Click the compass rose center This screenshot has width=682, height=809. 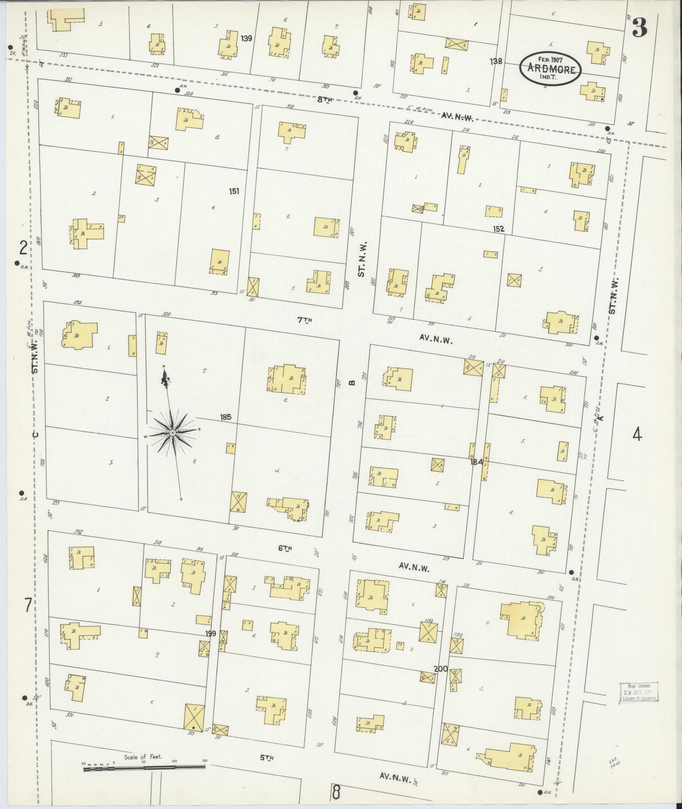[173, 433]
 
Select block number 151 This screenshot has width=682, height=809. [234, 191]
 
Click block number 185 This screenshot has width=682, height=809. [226, 417]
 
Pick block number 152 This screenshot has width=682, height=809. [498, 229]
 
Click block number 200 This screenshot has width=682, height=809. [441, 669]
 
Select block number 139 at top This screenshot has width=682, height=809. [247, 38]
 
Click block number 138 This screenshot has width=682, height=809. [496, 62]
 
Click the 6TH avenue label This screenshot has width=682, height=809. [285, 549]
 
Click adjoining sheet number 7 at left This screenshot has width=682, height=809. [27, 606]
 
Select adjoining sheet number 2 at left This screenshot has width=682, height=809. [23, 248]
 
